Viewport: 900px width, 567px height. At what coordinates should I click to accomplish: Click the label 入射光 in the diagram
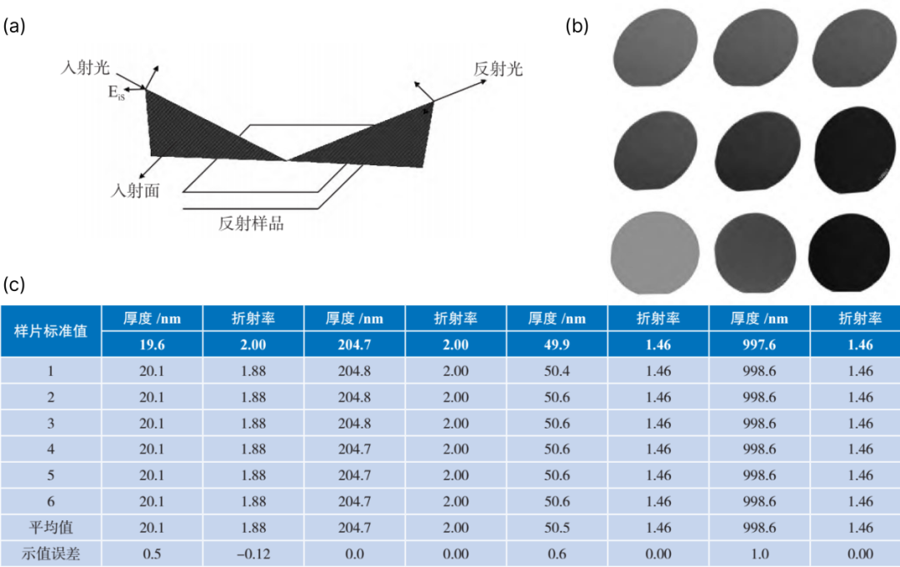click(x=85, y=68)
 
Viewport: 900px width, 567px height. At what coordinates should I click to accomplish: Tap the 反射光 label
click(x=497, y=69)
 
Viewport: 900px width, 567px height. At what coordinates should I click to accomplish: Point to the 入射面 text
click(x=135, y=191)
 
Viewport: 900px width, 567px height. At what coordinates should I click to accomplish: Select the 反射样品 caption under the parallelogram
click(x=251, y=223)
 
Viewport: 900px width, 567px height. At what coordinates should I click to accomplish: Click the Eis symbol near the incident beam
click(x=117, y=93)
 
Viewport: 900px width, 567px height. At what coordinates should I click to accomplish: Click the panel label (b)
click(x=577, y=26)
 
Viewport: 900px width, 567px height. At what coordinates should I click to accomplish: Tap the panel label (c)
click(x=14, y=284)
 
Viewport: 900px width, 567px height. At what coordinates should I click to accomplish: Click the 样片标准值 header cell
click(x=51, y=331)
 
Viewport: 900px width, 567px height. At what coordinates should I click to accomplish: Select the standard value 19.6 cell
click(x=152, y=344)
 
